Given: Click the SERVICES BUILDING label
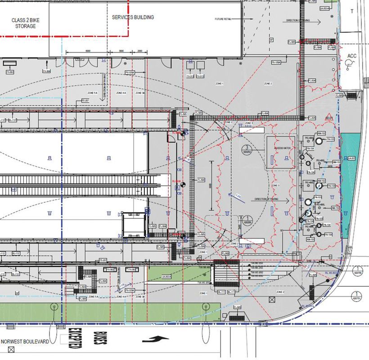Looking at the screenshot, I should click(133, 17).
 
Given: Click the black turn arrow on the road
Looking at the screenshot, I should click(156, 338).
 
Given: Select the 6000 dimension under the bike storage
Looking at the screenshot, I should click(87, 51).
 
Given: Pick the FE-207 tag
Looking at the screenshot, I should click(85, 100).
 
